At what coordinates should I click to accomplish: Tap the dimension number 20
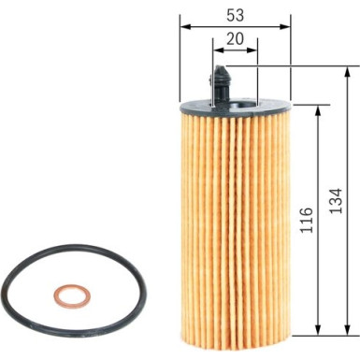tap(235, 40)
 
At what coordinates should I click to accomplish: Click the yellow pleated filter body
tap(234, 215)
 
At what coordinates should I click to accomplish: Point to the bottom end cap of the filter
tap(234, 327)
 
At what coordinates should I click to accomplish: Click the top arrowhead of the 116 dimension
tap(320, 108)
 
